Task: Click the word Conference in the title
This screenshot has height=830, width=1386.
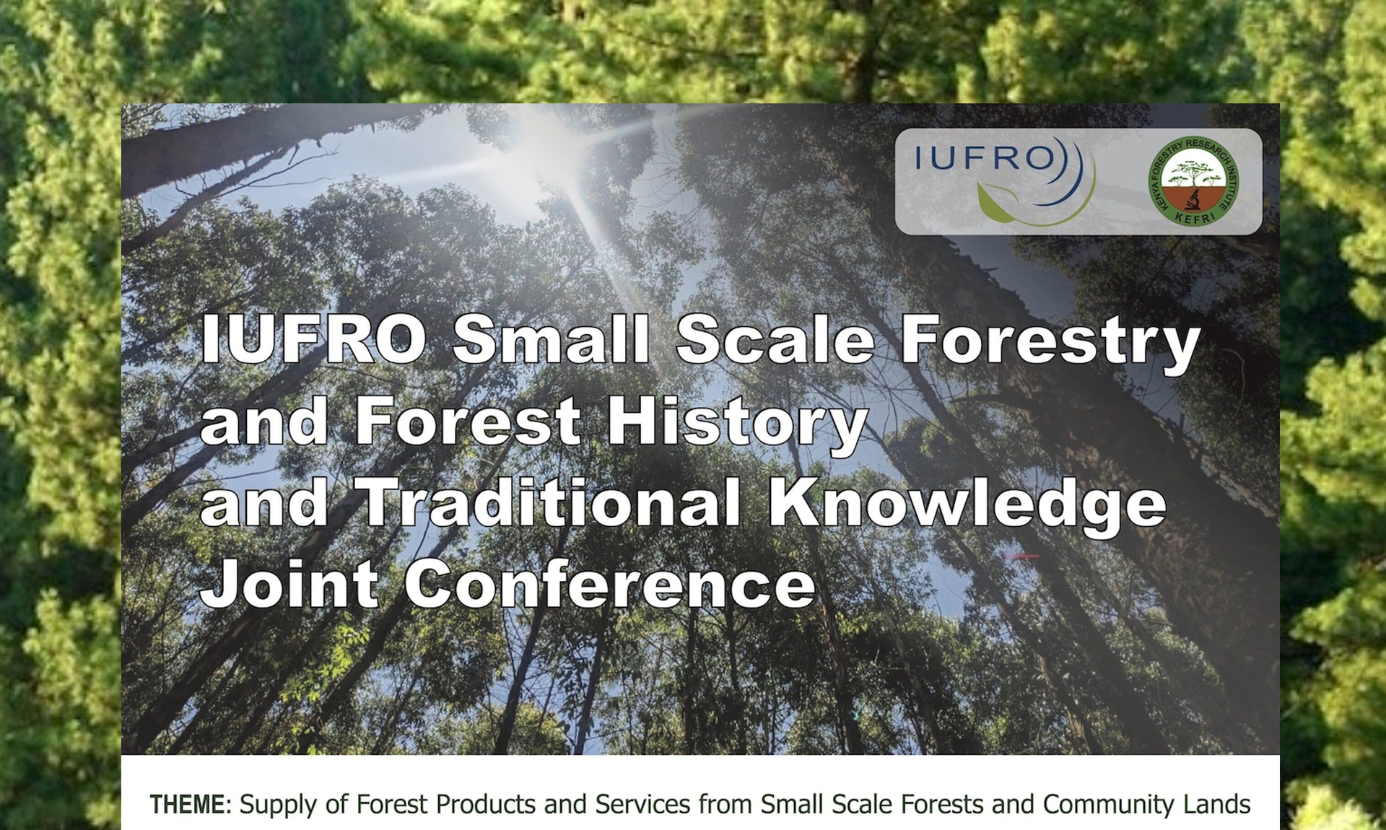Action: (610, 583)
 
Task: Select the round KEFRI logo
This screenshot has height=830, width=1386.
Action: (1193, 181)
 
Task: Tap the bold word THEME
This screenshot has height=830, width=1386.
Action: (188, 804)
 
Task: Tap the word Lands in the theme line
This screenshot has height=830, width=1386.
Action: (1217, 804)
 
